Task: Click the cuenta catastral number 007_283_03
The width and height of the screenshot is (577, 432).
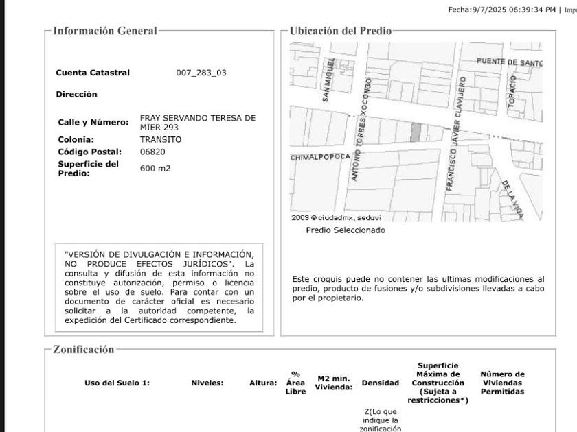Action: (x=201, y=73)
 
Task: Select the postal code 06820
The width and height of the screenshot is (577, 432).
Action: (x=152, y=152)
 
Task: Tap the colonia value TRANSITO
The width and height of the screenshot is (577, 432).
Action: (x=161, y=139)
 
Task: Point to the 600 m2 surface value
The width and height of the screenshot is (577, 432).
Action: (x=155, y=168)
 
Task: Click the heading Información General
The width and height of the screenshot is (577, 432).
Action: (x=105, y=31)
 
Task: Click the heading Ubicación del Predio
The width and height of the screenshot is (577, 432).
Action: (x=341, y=31)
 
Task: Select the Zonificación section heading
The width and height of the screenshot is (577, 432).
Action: (x=84, y=350)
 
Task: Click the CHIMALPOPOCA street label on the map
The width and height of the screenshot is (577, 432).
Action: (x=321, y=157)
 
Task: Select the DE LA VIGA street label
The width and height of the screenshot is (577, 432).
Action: (x=512, y=199)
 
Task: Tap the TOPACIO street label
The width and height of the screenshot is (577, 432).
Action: (x=512, y=90)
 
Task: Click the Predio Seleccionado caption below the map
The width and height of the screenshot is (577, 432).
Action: (x=346, y=230)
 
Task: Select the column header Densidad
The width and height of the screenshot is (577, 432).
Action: (x=381, y=383)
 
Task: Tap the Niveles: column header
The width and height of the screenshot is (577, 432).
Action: (x=207, y=383)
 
